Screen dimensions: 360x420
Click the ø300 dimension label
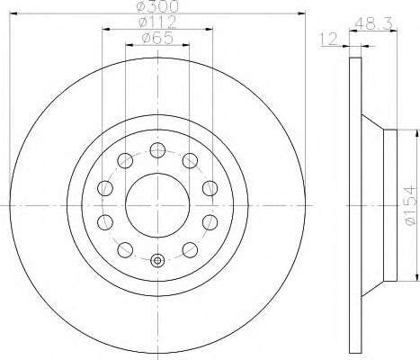click(157, 7)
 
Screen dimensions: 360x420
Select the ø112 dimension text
click(157, 22)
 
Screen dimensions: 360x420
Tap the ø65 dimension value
click(157, 38)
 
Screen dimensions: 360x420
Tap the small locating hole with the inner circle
click(157, 262)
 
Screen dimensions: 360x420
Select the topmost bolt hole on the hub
click(157, 149)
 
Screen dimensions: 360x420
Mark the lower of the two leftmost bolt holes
click(103, 222)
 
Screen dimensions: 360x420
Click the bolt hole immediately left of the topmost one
click(124, 160)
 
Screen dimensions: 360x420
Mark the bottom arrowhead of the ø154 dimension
click(395, 281)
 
